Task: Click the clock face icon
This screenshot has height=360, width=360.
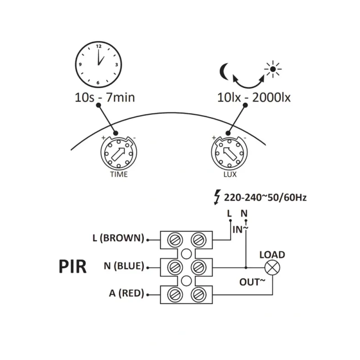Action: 98,64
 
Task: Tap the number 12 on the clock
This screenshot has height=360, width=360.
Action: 99,46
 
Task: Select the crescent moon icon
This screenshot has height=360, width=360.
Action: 224,72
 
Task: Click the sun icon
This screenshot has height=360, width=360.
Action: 273,69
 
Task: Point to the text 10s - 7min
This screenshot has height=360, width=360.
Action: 105,97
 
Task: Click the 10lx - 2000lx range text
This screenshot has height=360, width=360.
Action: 254,98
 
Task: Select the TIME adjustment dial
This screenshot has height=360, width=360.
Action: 119,153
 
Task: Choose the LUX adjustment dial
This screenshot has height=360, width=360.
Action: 229,153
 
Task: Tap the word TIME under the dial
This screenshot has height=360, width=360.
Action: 119,174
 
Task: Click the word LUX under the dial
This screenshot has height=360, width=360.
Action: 230,174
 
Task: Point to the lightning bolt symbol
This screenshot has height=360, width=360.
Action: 217,197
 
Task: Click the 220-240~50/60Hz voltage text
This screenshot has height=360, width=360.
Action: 265,198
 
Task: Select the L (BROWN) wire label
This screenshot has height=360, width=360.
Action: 118,238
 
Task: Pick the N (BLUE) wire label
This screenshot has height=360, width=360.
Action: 124,266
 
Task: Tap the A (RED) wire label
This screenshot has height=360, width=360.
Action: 126,293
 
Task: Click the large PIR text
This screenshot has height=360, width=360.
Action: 72,266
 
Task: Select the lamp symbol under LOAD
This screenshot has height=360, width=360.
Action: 272,268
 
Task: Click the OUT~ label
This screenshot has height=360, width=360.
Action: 252,282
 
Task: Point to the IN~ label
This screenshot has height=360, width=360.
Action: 240,229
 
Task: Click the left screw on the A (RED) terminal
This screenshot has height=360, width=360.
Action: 175,295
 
